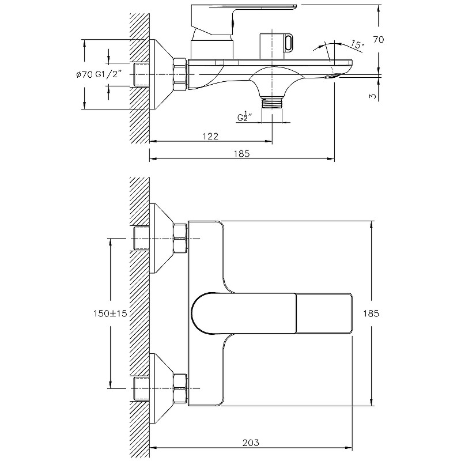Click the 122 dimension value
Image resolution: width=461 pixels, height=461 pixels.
[x=210, y=136]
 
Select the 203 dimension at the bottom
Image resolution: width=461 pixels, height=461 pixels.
[x=251, y=443]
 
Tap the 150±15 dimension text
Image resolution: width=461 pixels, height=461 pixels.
[x=110, y=313]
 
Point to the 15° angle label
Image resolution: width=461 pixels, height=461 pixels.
[x=357, y=45]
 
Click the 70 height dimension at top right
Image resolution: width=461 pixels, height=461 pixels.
[x=379, y=39]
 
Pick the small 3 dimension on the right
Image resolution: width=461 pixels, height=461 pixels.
[x=373, y=96]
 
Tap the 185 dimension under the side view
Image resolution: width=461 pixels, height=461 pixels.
[x=241, y=154]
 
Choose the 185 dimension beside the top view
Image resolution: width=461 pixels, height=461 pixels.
[x=371, y=313]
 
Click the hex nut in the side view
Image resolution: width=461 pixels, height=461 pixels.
[x=180, y=75]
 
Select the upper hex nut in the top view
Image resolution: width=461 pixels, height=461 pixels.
[x=180, y=238]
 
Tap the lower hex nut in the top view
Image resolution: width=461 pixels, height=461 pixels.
[x=180, y=388]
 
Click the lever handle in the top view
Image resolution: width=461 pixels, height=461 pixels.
[x=243, y=313]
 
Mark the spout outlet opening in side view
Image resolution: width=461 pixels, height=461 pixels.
[x=332, y=77]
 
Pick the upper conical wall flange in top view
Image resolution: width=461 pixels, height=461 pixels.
[x=161, y=238]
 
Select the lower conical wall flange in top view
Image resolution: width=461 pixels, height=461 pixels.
[x=161, y=388]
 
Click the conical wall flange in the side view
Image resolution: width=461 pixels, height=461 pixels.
[x=161, y=75]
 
